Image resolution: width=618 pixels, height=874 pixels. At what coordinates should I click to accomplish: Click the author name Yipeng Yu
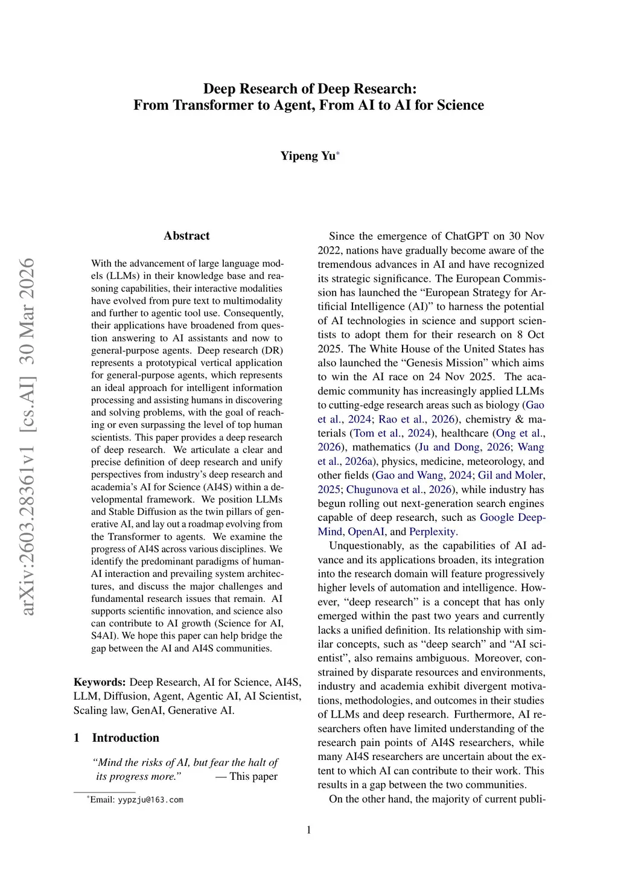(307, 156)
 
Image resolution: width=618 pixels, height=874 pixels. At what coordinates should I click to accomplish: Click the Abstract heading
(186, 236)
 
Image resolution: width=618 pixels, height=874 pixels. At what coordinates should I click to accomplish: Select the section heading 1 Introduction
(116, 738)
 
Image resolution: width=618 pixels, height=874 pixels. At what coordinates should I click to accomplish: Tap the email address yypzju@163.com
(150, 800)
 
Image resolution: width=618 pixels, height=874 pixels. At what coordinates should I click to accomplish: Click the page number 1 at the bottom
(309, 830)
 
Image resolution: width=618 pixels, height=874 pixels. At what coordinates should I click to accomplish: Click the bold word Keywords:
(100, 682)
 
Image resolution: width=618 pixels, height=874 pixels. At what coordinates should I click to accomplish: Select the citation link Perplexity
(433, 532)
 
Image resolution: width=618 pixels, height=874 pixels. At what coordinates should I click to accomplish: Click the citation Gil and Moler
(511, 476)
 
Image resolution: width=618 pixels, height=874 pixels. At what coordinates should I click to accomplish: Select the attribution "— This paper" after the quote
(246, 776)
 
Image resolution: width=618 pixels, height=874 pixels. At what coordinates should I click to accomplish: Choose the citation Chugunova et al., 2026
(401, 490)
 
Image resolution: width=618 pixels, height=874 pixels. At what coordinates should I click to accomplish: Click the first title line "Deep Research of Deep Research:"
(310, 89)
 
